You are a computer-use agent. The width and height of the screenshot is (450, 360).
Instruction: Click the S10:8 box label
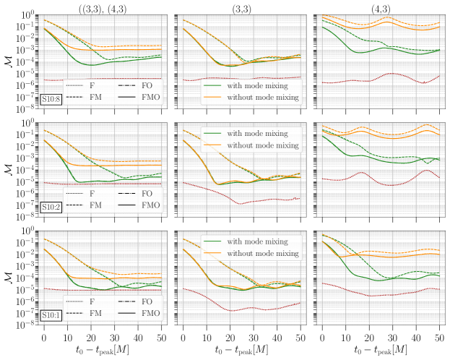click(x=51, y=99)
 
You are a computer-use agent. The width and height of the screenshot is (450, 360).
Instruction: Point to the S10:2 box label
click(x=51, y=207)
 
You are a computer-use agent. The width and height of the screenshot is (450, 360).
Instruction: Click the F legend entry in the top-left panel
click(x=92, y=86)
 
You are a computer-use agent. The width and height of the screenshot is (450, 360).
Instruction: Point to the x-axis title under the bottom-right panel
click(x=378, y=350)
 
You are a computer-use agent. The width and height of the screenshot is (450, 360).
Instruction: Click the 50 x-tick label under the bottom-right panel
click(x=440, y=337)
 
